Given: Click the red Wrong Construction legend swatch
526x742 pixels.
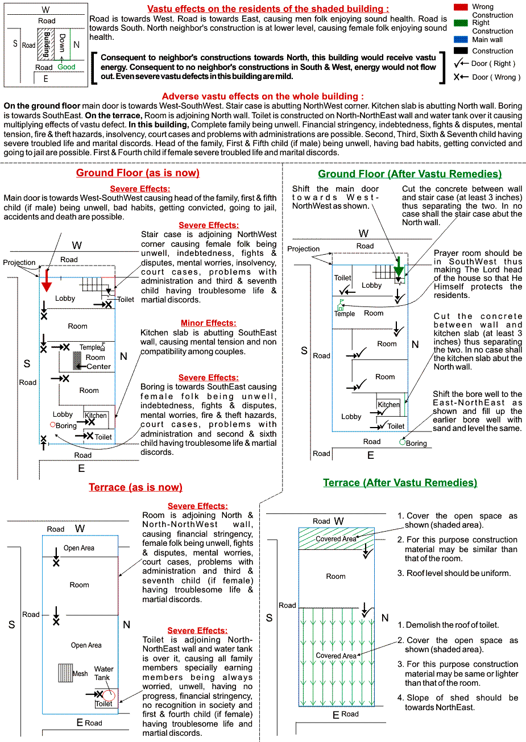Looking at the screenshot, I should pos(460,7).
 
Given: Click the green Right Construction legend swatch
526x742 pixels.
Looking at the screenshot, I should pos(460,23).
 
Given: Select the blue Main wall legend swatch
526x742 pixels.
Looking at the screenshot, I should pos(460,40).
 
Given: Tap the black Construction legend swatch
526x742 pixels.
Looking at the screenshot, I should pos(460,51).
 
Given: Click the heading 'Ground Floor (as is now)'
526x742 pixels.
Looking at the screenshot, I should pos(138,173).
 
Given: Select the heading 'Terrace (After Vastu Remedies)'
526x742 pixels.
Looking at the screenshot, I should pos(400,483).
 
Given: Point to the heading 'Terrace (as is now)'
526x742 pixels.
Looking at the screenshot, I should pos(135,487).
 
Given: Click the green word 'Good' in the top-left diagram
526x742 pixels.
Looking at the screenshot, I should pos(67,67).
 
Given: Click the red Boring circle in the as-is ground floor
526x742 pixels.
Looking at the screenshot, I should pos(53,424).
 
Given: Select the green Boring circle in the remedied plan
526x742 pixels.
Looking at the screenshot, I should pos(402,442).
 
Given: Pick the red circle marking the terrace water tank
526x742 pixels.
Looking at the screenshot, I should pos(109,695).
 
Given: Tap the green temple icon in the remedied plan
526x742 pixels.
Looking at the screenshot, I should pos(340,306).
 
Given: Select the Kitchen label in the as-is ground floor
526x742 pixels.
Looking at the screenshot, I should pos(96,416).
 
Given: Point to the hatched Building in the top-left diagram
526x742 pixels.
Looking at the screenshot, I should pos(44,45).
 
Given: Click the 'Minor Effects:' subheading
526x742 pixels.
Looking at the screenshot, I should pos(208,323).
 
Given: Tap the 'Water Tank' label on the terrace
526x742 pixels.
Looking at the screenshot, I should pos(103,673).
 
